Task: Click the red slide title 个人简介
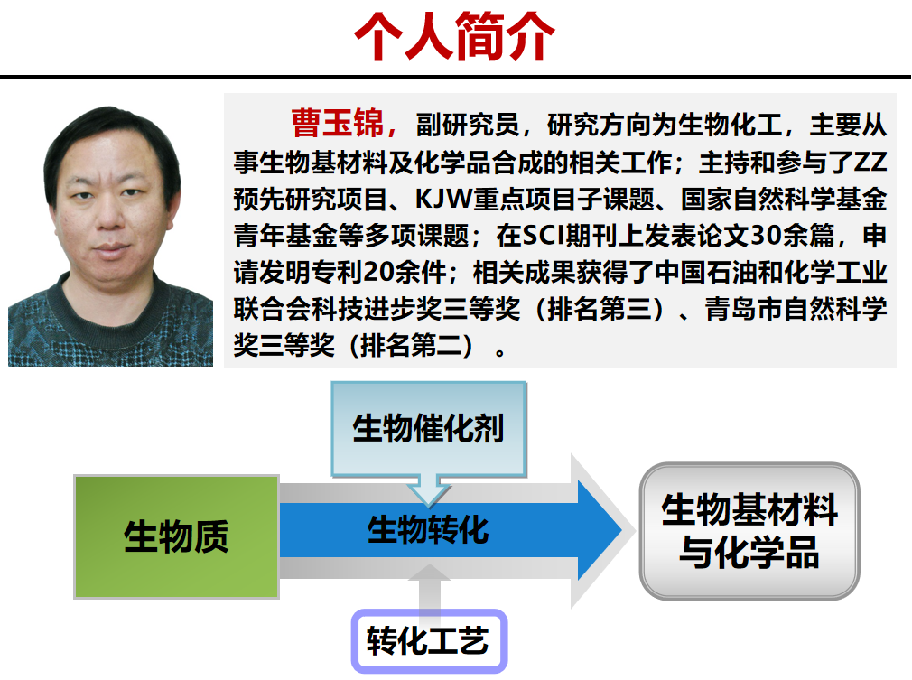[x=454, y=36]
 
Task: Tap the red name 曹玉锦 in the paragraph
[x=338, y=124]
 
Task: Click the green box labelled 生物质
[x=176, y=536]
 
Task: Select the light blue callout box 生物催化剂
[x=429, y=429]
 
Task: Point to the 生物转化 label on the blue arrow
[x=428, y=529]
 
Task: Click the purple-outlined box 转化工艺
[x=429, y=641]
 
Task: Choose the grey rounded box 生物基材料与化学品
[x=749, y=531]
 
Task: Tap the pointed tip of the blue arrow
[x=622, y=530]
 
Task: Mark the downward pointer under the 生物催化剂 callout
[x=429, y=489]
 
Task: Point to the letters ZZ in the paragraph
[x=870, y=163]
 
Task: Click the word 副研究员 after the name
[x=468, y=125]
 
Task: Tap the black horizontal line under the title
[x=455, y=77]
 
